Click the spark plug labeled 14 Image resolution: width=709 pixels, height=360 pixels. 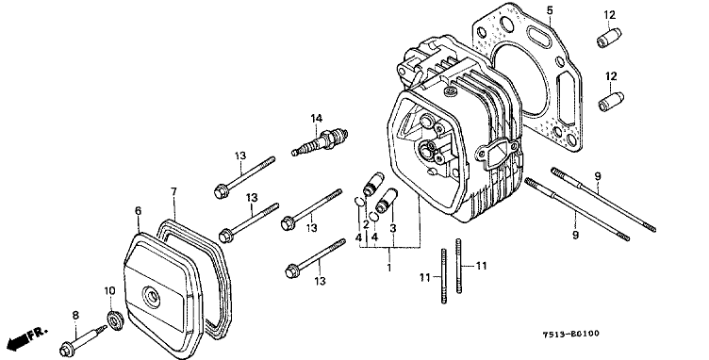click(321, 141)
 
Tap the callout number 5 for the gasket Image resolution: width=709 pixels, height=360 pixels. click(550, 10)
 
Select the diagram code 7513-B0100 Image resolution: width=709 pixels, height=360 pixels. click(571, 334)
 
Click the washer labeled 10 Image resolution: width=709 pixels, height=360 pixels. click(114, 319)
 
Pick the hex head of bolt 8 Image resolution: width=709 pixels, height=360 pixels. click(67, 350)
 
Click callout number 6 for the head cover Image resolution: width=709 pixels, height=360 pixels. click(138, 210)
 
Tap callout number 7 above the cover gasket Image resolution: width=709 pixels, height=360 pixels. click(174, 191)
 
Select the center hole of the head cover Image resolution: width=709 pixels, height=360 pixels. click(152, 297)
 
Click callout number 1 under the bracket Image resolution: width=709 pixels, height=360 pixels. click(388, 268)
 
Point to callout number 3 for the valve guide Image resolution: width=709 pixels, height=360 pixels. click(393, 229)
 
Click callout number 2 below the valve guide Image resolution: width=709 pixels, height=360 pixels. click(366, 224)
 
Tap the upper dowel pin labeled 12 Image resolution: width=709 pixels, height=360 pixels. click(609, 38)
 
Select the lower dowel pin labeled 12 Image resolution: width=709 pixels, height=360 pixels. click(611, 102)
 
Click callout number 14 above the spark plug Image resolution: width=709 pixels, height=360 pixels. click(317, 119)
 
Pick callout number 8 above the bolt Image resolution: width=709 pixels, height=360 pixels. click(75, 316)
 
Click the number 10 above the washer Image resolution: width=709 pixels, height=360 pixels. click(110, 290)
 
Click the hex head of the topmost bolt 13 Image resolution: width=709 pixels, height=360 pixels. click(221, 191)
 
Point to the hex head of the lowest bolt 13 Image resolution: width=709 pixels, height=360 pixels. click(291, 272)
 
